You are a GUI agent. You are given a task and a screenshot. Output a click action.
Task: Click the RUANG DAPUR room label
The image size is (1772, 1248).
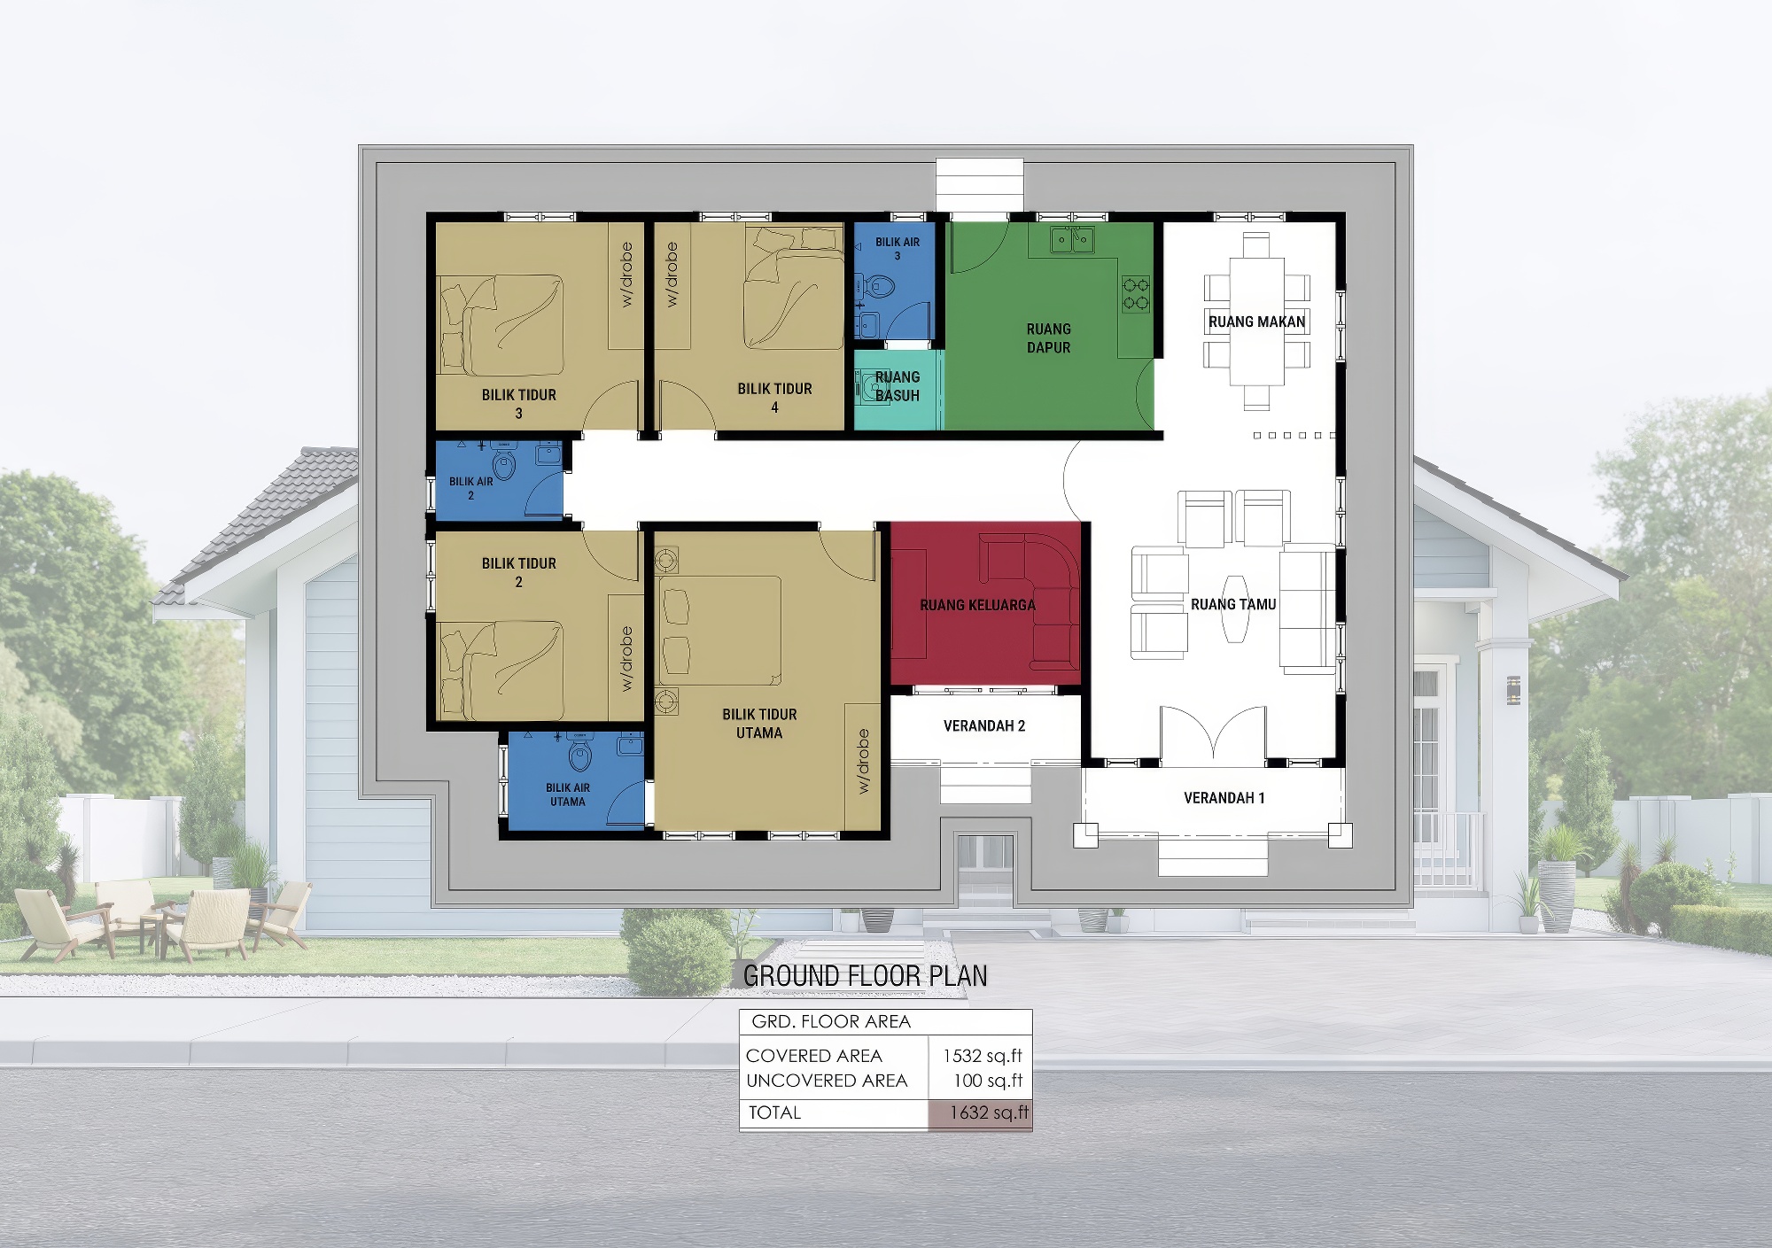coord(1049,338)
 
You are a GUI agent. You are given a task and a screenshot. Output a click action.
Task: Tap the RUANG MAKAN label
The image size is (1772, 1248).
coord(1257,322)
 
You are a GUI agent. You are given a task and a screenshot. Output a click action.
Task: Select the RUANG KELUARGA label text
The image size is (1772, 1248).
coord(977,605)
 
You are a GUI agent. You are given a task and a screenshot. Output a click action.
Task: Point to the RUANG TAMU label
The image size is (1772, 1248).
coord(1233,604)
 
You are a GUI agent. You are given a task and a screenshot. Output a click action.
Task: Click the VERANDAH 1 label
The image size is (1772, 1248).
coord(1224,798)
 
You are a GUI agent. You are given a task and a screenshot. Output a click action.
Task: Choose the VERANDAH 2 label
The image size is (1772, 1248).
coord(984,726)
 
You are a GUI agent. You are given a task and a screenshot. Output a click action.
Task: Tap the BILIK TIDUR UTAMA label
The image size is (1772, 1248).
coord(759,724)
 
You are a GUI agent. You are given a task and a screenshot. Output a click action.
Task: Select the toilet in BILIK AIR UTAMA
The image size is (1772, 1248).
coord(580,756)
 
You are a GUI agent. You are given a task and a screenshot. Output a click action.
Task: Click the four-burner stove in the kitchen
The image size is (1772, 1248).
coord(1136,294)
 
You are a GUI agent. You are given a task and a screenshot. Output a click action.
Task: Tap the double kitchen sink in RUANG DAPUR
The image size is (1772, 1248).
coord(1072,239)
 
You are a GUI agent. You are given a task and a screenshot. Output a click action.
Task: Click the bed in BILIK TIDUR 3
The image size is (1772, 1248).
coord(502,324)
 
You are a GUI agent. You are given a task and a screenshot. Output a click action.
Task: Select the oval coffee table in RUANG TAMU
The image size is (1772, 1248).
coord(1234,608)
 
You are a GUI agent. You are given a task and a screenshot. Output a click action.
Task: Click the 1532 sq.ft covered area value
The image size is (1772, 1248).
coord(983,1056)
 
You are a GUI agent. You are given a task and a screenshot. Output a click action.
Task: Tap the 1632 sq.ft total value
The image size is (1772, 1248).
coord(989,1112)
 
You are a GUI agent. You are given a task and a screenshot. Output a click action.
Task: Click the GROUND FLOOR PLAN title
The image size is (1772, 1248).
coord(866,976)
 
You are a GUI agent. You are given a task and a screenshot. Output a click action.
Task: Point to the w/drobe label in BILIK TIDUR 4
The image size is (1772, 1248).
coord(672,275)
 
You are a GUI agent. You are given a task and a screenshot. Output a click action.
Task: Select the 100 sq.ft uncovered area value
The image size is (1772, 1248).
coord(988,1081)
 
